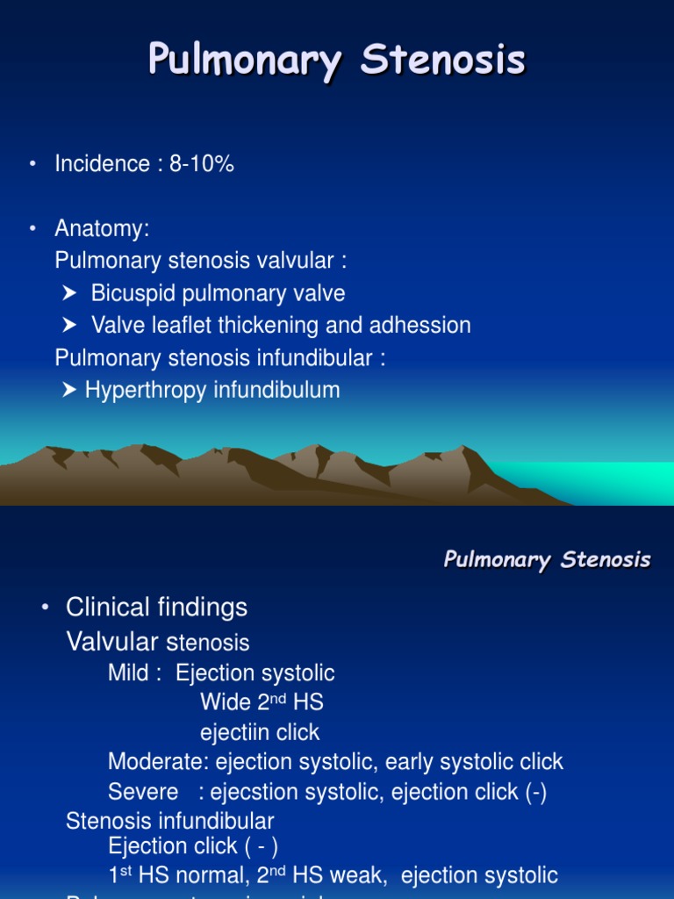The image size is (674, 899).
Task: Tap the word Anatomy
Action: pyautogui.click(x=100, y=229)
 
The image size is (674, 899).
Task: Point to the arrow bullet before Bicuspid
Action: pyautogui.click(x=70, y=293)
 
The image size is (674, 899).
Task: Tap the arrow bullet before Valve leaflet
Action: pyautogui.click(x=70, y=326)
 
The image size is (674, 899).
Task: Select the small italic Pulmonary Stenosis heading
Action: pyautogui.click(x=547, y=559)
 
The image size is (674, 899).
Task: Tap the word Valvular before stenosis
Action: pyautogui.click(x=112, y=642)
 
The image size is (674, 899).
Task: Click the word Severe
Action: pyautogui.click(x=143, y=792)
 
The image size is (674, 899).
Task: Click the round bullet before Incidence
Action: pyautogui.click(x=32, y=164)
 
